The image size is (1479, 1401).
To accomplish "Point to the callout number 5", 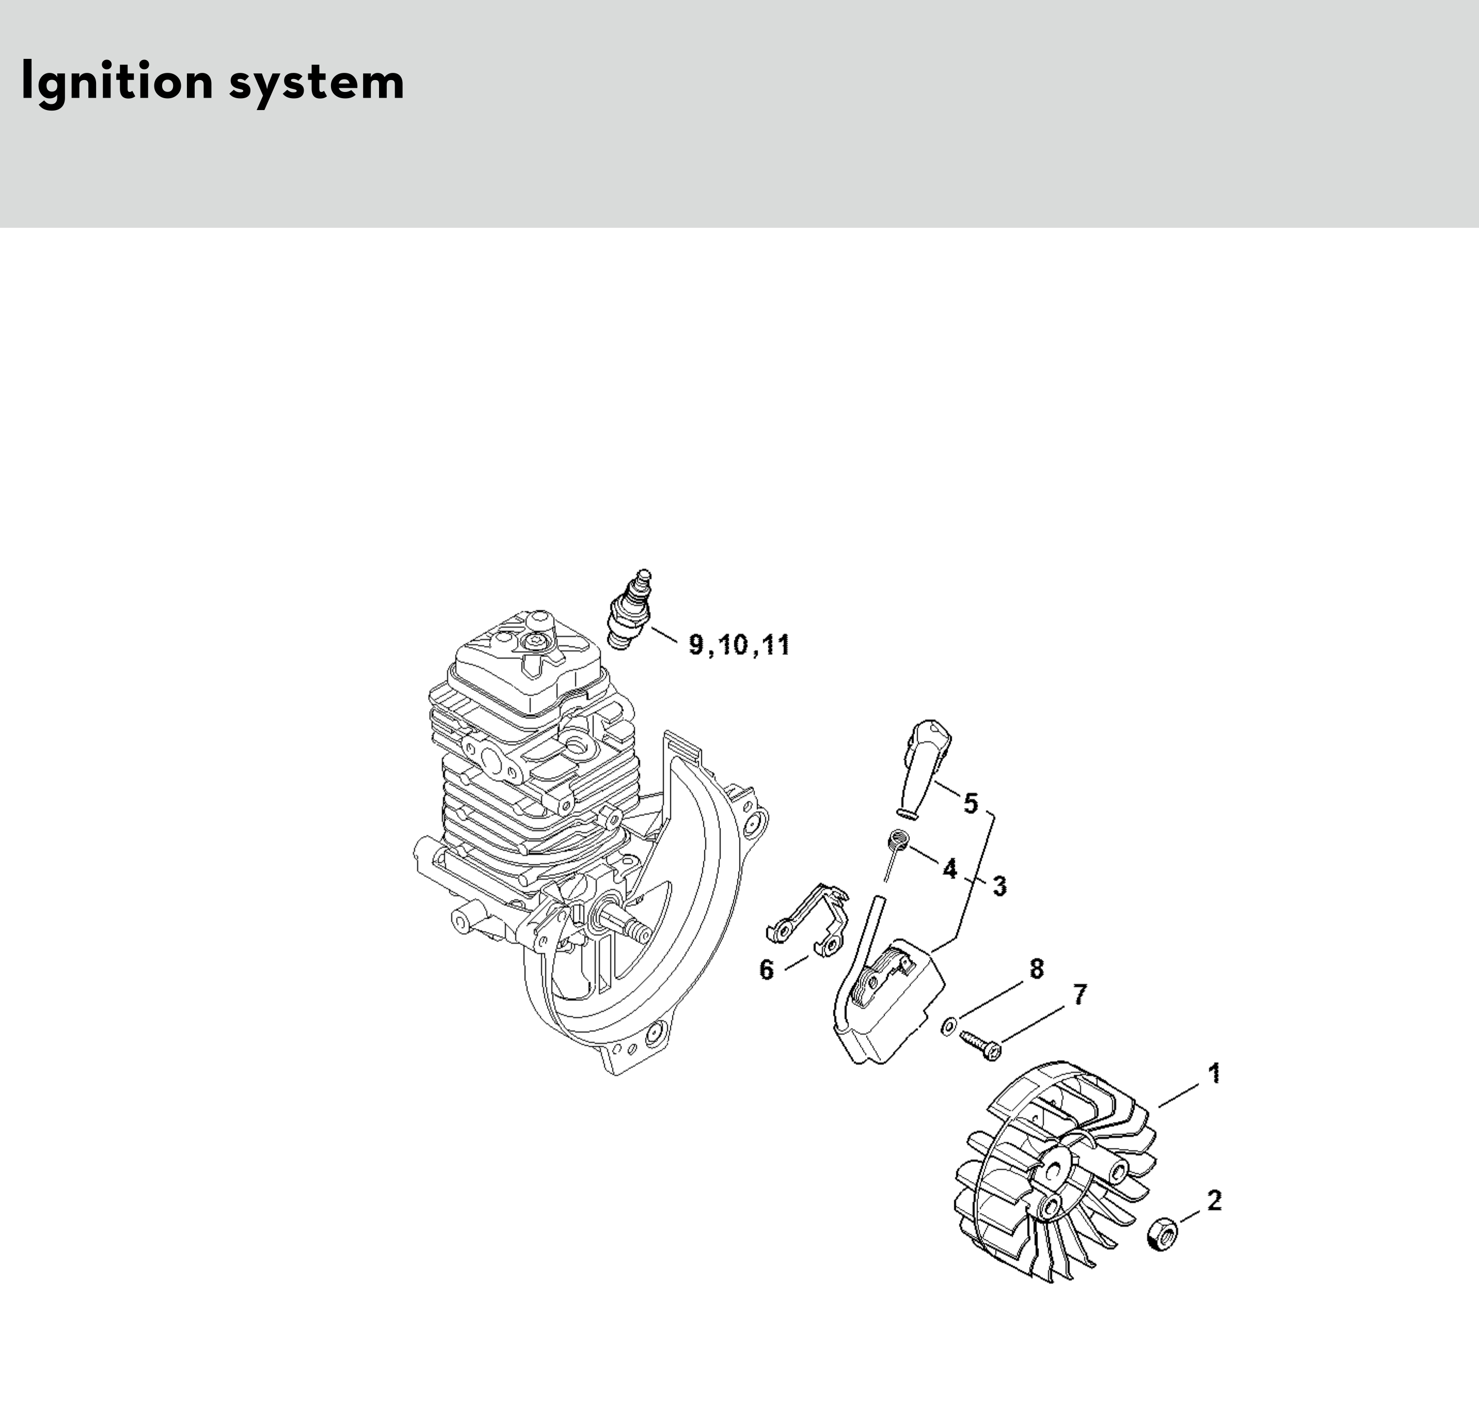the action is point(970,803).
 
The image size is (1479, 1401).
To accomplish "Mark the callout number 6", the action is point(767,970).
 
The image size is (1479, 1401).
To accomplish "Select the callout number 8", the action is point(1036,969).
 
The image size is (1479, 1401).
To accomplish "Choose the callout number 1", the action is point(1215,1073).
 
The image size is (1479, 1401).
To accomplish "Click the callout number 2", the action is point(1215,1201).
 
